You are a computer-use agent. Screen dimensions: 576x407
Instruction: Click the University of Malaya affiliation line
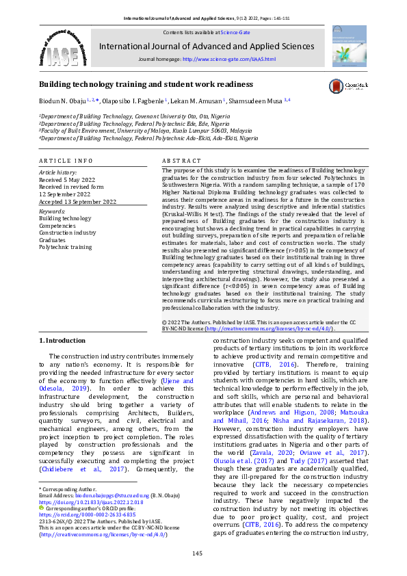point(146,130)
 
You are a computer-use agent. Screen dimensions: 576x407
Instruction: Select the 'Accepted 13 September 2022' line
point(77,202)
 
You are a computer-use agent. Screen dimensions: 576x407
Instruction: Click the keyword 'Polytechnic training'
point(65,246)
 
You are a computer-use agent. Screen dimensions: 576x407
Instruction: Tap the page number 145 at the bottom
point(196,553)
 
